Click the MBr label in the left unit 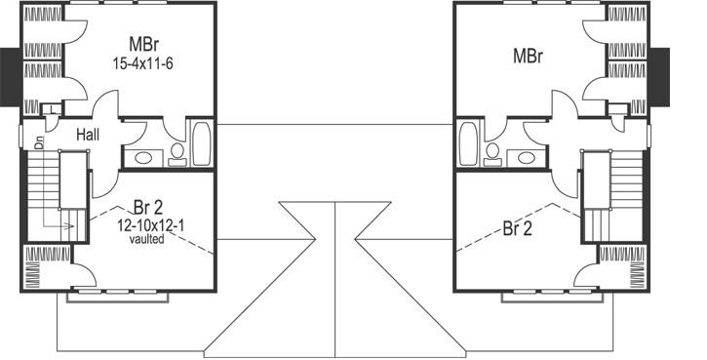coord(143,45)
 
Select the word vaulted coord(145,239)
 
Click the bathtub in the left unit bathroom coord(203,145)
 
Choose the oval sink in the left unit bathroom coord(142,157)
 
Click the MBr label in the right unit coord(527,55)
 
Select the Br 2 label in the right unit coord(518,229)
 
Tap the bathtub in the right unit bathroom coord(467,145)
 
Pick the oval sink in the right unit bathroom coord(527,157)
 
